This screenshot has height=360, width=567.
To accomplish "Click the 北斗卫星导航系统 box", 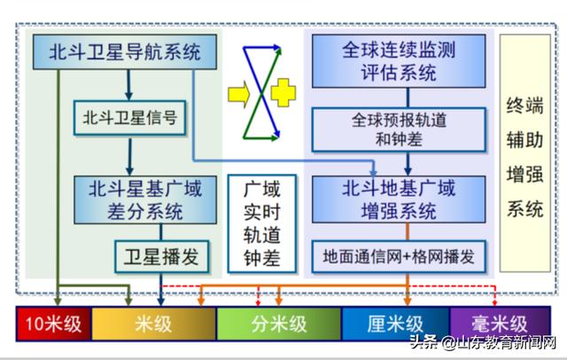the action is point(125,51).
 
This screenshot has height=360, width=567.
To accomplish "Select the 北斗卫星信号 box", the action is point(130,118).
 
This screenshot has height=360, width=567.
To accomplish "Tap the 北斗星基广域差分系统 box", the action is point(145,200).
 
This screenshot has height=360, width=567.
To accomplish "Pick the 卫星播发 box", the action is point(161,256).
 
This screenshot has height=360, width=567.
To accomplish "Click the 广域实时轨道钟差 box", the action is point(262,223).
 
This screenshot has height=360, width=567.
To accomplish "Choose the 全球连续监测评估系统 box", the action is point(399,61).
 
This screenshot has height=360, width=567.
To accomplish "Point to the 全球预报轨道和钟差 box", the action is point(399,129).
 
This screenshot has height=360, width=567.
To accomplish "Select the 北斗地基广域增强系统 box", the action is point(399,200).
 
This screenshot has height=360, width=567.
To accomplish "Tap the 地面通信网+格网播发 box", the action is point(399,256).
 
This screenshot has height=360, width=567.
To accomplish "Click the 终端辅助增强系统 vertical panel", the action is point(525,153).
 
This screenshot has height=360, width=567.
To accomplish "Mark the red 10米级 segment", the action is point(53,324).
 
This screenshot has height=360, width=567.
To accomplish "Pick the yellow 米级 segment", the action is point(153,324).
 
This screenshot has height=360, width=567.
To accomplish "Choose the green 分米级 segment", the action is point(279,324).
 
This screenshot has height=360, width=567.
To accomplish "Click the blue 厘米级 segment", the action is point(395,324).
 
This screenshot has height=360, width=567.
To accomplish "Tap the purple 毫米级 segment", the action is point(500,324).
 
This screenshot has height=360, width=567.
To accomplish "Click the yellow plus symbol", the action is point(283,92).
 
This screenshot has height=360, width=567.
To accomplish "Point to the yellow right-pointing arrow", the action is point(239,94).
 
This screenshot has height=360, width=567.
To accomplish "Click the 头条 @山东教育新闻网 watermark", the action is point(483,342).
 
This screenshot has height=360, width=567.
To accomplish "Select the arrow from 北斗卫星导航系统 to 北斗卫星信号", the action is point(128,84).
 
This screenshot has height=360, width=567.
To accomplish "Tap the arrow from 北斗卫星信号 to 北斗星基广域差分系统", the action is point(130,156).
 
